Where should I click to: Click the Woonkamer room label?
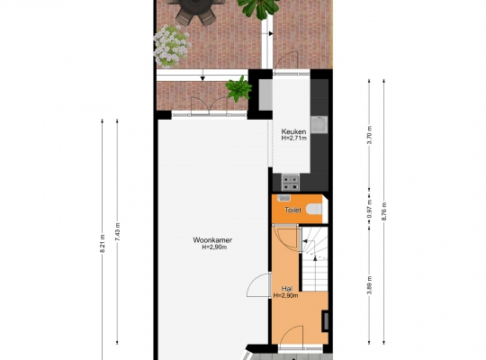pos(212,240)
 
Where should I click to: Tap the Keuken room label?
pos(293,131)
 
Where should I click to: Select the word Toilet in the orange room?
pos(292,210)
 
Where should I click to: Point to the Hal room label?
pos(287,289)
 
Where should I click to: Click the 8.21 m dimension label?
pos(103,243)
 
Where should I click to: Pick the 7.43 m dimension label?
pos(118,231)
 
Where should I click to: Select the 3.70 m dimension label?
pos(369,135)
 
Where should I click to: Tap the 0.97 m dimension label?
pos(369,209)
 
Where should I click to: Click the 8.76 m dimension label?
pos(384,211)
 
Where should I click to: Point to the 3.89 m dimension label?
pos(369,285)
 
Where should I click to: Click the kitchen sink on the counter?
pos(319,125)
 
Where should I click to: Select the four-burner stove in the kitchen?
pos(291,183)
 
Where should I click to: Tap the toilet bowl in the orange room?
pos(314,210)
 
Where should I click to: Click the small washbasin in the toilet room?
pos(283,198)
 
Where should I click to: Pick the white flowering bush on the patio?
pos(171,46)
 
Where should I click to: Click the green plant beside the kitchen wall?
pos(238,89)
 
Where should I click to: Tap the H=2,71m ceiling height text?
pos(294,139)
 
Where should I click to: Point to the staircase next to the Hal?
pos(315,259)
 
